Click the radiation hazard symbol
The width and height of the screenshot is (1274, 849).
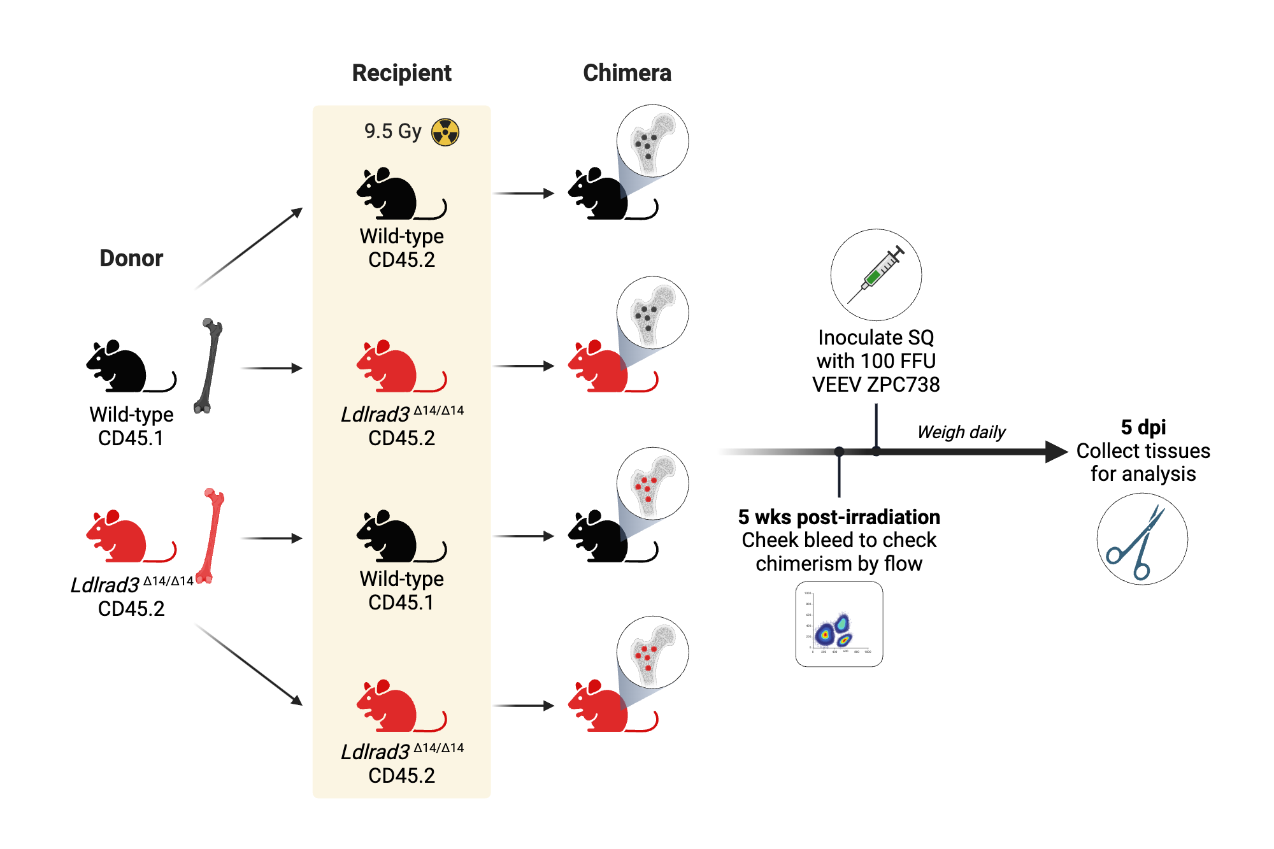click(x=445, y=132)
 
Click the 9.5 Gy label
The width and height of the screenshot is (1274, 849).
click(x=392, y=131)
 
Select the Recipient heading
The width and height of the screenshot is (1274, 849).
click(x=401, y=73)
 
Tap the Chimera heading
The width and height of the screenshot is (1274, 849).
click(x=627, y=73)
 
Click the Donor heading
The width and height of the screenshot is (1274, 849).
click(x=131, y=258)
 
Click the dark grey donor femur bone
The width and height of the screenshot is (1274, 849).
click(x=209, y=366)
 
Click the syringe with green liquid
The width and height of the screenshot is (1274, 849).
click(x=876, y=275)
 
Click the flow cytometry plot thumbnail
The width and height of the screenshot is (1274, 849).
click(x=839, y=624)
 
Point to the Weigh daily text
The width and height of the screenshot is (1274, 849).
click(x=961, y=432)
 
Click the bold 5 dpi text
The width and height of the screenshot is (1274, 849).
click(x=1143, y=427)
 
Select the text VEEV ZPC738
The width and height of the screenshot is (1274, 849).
click(x=876, y=385)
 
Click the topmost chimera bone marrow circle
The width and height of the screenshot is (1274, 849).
click(x=652, y=141)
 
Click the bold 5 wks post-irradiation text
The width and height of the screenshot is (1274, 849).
click(x=839, y=517)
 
